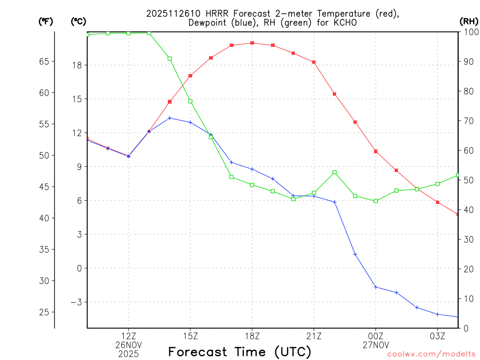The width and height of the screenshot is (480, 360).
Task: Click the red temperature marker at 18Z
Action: click(252, 43)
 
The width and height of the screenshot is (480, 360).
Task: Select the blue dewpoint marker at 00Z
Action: click(375, 287)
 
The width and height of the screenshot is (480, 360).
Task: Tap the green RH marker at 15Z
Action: click(190, 101)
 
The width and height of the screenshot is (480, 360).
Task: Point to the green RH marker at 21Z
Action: click(314, 193)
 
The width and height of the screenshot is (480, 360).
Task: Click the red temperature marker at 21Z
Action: click(314, 62)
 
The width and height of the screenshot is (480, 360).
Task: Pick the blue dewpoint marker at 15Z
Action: click(190, 122)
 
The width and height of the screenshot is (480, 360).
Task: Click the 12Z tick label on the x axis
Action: click(128, 336)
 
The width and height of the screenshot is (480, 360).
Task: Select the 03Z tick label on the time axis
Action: click(437, 336)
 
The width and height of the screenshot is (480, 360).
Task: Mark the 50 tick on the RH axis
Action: click(467, 180)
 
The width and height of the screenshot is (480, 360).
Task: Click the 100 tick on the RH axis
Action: click(469, 32)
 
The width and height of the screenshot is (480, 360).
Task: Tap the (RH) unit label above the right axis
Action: click(469, 21)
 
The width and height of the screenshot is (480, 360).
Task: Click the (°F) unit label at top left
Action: click(46, 21)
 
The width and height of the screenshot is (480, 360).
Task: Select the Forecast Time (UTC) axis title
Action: click(240, 352)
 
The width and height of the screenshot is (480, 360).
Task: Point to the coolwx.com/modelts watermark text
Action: click(431, 354)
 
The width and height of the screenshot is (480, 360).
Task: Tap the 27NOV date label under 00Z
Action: click(375, 345)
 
